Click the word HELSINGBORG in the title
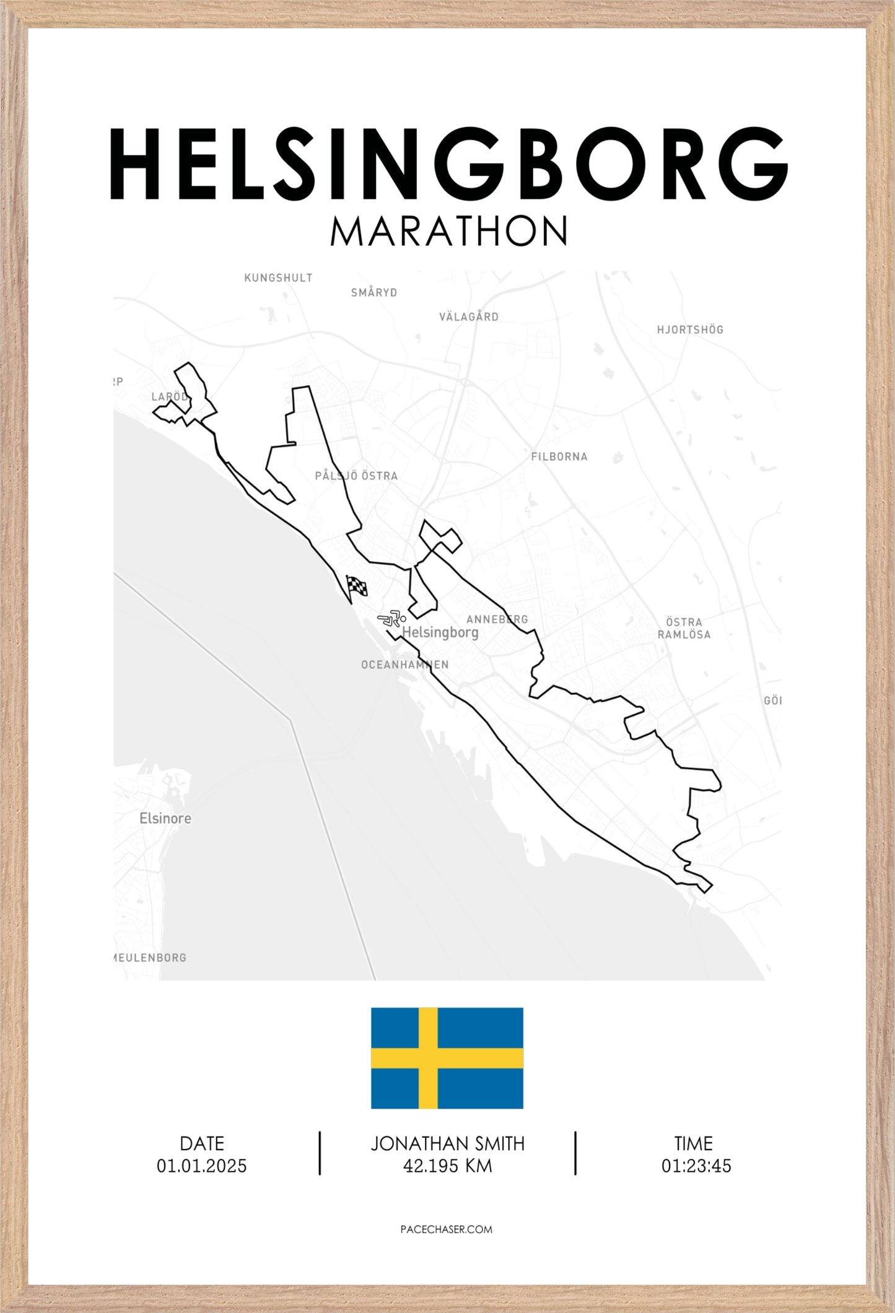click(x=448, y=164)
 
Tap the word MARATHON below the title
click(x=448, y=232)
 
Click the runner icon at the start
click(x=391, y=618)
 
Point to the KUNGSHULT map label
click(x=278, y=278)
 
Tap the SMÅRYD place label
click(x=374, y=292)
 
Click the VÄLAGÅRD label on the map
click(x=469, y=317)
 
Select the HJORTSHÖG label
click(x=690, y=329)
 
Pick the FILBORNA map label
click(x=559, y=456)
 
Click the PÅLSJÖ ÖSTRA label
click(x=356, y=476)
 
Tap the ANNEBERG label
click(x=497, y=619)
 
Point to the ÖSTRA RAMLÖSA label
click(x=684, y=628)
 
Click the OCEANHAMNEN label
click(x=405, y=665)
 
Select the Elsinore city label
click(x=165, y=818)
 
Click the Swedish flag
click(x=447, y=1058)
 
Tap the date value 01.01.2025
click(x=202, y=1166)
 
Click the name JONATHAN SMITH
click(x=448, y=1143)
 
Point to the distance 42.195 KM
click(x=448, y=1166)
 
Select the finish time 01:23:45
click(x=696, y=1166)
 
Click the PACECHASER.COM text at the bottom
click(x=447, y=1229)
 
